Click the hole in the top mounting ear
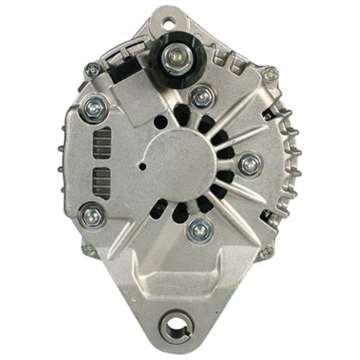click(168, 23)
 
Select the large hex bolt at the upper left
click(95, 109)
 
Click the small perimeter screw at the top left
click(92, 70)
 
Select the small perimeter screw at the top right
click(269, 73)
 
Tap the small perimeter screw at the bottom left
click(88, 249)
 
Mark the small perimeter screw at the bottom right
click(266, 251)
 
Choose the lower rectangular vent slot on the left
click(102, 183)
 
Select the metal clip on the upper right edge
click(271, 114)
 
